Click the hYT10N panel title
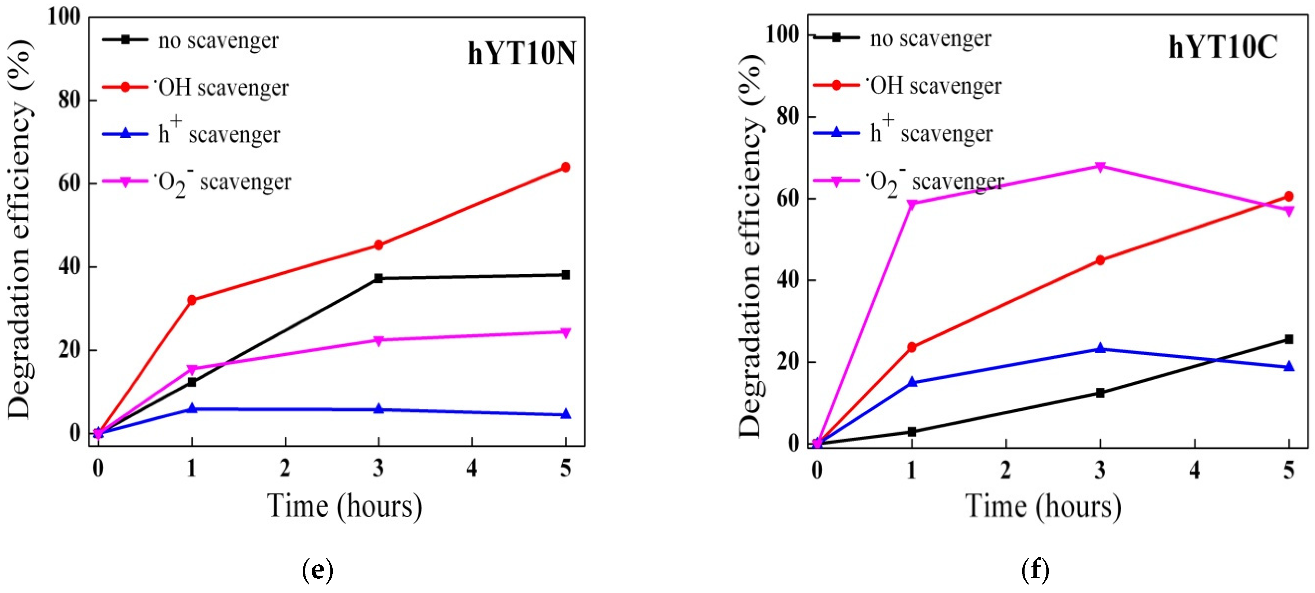tap(522, 54)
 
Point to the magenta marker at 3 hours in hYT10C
tap(1100, 167)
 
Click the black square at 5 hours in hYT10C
tap(1288, 339)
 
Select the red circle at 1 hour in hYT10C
tap(912, 348)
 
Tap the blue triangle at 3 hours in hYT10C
tap(1100, 349)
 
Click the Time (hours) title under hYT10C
tap(1043, 507)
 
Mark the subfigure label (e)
tap(317, 570)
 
